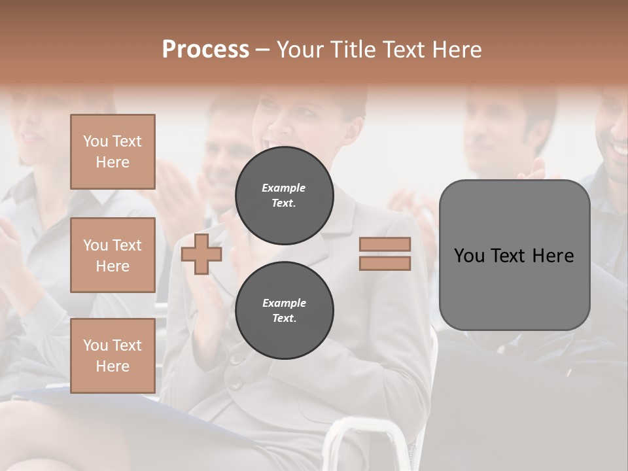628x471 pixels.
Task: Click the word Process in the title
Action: pyautogui.click(x=205, y=50)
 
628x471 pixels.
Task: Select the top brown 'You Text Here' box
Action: pyautogui.click(x=113, y=152)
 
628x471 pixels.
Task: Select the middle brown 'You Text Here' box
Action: pyautogui.click(x=113, y=255)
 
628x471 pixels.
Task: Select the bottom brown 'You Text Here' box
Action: pyautogui.click(x=113, y=356)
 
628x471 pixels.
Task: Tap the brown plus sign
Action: pyautogui.click(x=201, y=254)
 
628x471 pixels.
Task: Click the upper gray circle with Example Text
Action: pyautogui.click(x=285, y=195)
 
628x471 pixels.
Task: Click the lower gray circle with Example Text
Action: pyautogui.click(x=285, y=310)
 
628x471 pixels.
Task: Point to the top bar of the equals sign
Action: pyautogui.click(x=385, y=245)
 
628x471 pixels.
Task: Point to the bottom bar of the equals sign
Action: pyautogui.click(x=385, y=263)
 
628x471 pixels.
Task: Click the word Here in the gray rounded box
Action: pyautogui.click(x=553, y=256)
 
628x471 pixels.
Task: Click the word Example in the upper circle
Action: pyautogui.click(x=284, y=188)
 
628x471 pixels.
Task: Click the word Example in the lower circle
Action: pyautogui.click(x=284, y=303)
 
